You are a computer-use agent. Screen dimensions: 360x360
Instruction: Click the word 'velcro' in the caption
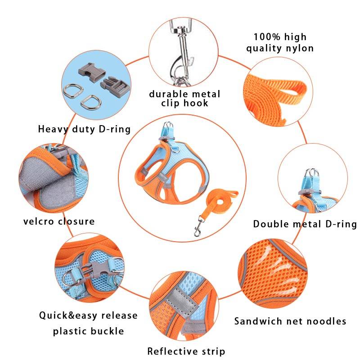coord(38,221)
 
